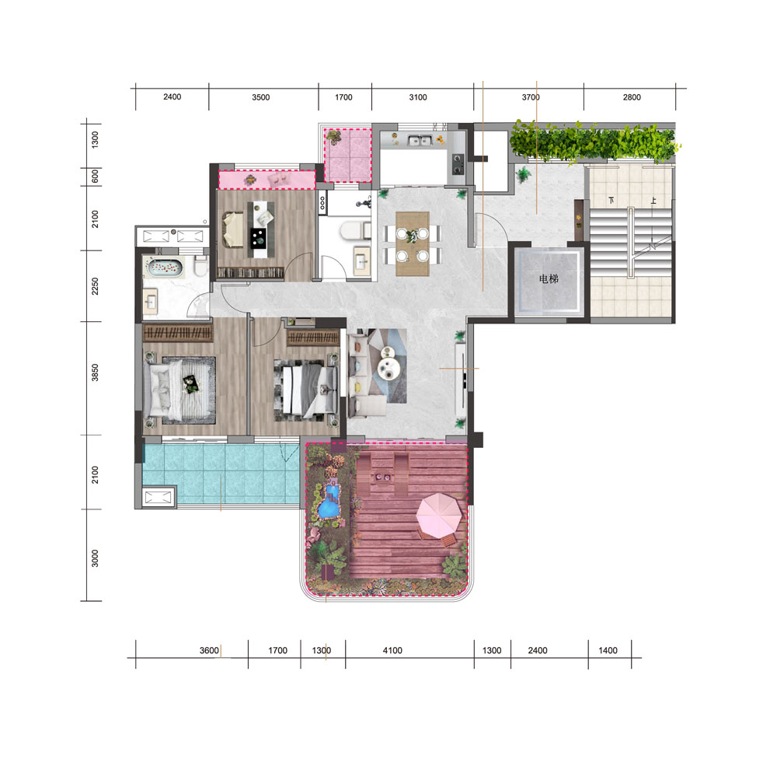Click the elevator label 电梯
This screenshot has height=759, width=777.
click(x=549, y=279)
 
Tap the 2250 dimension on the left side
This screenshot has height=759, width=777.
click(x=95, y=286)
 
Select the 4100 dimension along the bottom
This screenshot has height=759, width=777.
click(x=392, y=650)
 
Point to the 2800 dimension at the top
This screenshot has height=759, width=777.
click(x=632, y=97)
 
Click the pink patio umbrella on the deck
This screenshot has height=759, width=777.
click(x=439, y=515)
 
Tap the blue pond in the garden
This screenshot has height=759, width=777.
click(x=329, y=502)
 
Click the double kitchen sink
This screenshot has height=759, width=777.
click(x=420, y=141)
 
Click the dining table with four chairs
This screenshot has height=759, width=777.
click(x=413, y=243)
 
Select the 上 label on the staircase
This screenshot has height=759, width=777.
click(x=653, y=201)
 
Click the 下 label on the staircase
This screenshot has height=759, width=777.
click(x=611, y=201)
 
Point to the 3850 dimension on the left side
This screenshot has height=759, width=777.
click(x=95, y=373)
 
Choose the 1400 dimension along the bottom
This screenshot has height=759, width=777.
click(x=608, y=650)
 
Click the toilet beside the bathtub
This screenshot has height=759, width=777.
click(x=200, y=268)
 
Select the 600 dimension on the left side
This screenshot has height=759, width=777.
click(x=95, y=176)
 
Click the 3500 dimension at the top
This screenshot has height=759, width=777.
click(x=260, y=97)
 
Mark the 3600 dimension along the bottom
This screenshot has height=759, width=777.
click(x=209, y=650)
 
